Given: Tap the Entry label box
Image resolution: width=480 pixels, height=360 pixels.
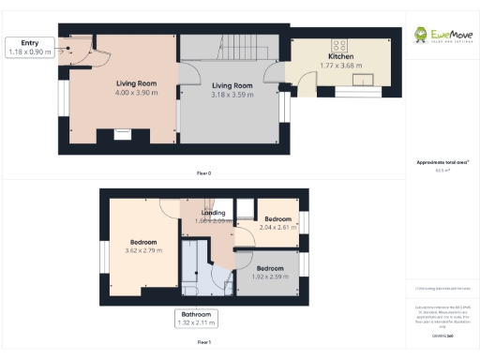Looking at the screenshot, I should point(29,47).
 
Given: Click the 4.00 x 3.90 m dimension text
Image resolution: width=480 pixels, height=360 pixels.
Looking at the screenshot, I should point(135,93).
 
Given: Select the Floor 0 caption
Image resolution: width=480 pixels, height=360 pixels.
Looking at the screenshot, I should point(203,173).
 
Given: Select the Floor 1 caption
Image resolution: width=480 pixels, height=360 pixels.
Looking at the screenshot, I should point(203,343).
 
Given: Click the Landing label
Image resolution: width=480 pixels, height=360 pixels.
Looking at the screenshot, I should point(213,213).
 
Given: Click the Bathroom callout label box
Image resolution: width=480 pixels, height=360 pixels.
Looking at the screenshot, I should point(198,319).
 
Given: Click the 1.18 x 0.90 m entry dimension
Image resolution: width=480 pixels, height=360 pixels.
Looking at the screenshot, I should point(29,52).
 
